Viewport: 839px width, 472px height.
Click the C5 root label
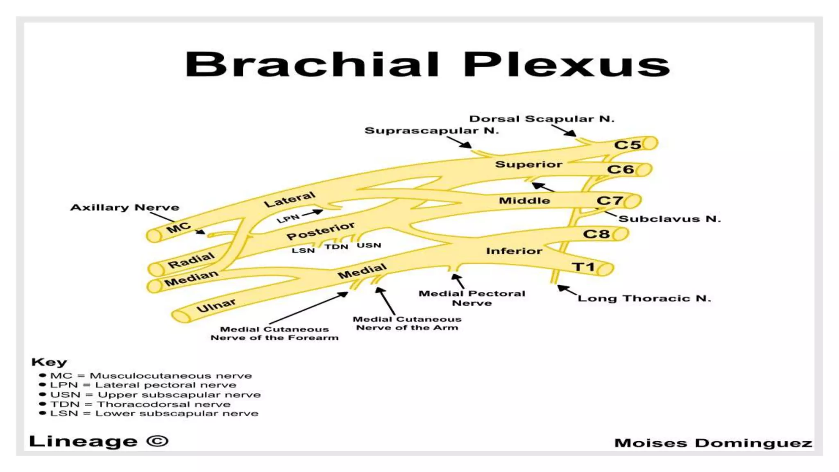click(x=627, y=145)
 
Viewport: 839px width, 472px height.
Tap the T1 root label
click(x=583, y=267)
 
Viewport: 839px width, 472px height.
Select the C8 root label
click(x=596, y=234)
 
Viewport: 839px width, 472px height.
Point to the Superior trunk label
click(x=528, y=164)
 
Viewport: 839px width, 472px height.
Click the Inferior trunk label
click(x=514, y=251)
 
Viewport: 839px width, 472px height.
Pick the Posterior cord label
click(x=320, y=231)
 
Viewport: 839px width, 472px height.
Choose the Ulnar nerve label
click(x=216, y=305)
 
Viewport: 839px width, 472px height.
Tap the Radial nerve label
click(x=191, y=260)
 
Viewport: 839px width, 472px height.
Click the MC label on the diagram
click(x=179, y=228)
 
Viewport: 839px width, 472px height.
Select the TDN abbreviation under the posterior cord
click(x=336, y=247)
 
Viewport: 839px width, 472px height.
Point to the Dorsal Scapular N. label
click(x=542, y=119)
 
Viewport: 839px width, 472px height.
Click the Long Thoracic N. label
click(x=644, y=298)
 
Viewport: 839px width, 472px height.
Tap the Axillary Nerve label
click(x=125, y=207)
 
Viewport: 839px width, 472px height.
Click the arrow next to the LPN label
click(x=312, y=213)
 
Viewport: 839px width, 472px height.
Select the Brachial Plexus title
click(x=427, y=65)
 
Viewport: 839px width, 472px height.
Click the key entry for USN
click(x=155, y=395)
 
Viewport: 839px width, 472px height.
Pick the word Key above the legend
click(x=49, y=362)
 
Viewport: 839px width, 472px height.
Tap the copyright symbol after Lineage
click(x=157, y=441)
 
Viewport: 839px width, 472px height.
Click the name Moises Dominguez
click(x=713, y=443)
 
